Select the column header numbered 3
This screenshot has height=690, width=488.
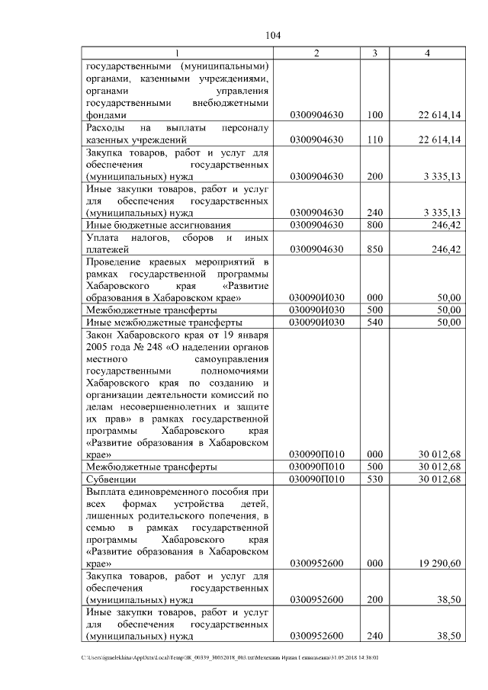click(374, 53)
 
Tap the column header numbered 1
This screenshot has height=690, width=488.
click(178, 53)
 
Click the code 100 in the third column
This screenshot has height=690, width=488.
click(374, 115)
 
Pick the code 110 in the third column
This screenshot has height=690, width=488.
click(374, 140)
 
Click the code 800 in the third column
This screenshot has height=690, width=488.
click(374, 226)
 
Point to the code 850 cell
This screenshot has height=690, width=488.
click(374, 250)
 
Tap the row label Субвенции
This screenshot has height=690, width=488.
click(112, 480)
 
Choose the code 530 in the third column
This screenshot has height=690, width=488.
click(374, 480)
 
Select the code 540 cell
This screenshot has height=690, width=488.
click(374, 323)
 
